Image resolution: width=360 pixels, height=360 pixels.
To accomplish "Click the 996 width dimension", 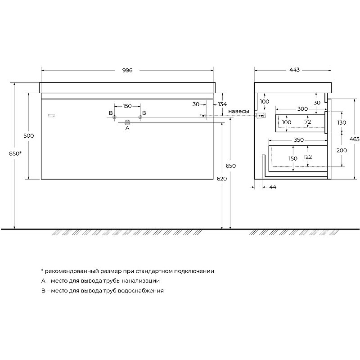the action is point(127,70).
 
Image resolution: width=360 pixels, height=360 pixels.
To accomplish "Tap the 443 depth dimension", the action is point(295,70).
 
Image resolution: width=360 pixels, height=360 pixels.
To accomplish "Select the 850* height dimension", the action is point(15,153).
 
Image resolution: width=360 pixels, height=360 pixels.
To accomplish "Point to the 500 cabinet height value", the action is point(29,136).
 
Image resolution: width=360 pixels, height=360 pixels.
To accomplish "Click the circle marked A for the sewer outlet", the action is point(127,122).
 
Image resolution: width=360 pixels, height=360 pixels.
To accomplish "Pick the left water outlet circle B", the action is point(114,117).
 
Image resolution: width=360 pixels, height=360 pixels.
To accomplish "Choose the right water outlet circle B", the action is point(140,117).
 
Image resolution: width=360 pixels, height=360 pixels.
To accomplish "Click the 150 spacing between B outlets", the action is point(127,106).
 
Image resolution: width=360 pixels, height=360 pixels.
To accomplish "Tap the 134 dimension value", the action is point(222,104).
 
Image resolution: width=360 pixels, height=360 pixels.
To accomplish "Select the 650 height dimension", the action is point(231,166).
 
